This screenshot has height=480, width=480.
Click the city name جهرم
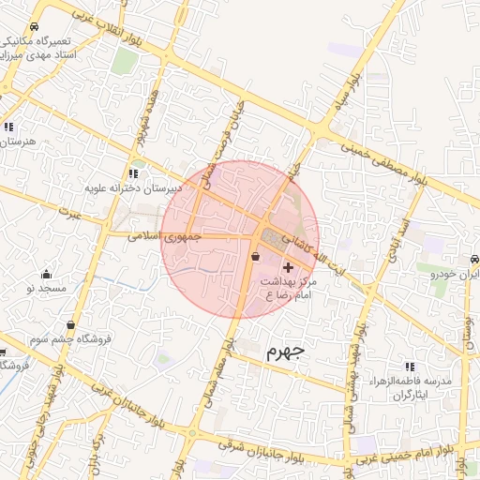(285, 352)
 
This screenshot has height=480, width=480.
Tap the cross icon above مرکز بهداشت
(288, 268)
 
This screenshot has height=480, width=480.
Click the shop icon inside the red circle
(256, 256)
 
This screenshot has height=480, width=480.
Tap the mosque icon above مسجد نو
(47, 275)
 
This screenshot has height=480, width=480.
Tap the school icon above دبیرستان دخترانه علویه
(133, 173)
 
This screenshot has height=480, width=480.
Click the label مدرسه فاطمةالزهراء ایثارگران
(413, 389)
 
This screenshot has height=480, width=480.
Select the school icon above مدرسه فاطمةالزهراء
(409, 367)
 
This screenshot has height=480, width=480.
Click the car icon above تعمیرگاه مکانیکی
(35, 26)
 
